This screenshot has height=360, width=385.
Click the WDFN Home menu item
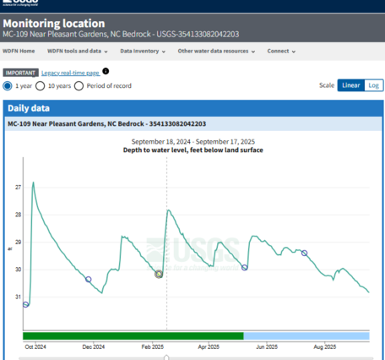(x=22, y=51)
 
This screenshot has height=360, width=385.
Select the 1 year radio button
(x=8, y=85)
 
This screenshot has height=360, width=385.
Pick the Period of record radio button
(x=79, y=85)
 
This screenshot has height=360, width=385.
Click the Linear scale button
(x=350, y=85)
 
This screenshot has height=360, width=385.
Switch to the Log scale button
(x=373, y=85)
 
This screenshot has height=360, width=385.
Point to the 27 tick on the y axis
(x=18, y=187)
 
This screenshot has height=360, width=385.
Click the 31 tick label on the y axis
(x=18, y=297)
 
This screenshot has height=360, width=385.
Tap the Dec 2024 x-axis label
(x=93, y=346)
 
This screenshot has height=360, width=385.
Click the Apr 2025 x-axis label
(x=209, y=346)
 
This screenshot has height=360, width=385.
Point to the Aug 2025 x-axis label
(x=324, y=346)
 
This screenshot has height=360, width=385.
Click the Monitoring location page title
(x=55, y=23)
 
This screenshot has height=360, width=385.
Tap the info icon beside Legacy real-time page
(x=106, y=71)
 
